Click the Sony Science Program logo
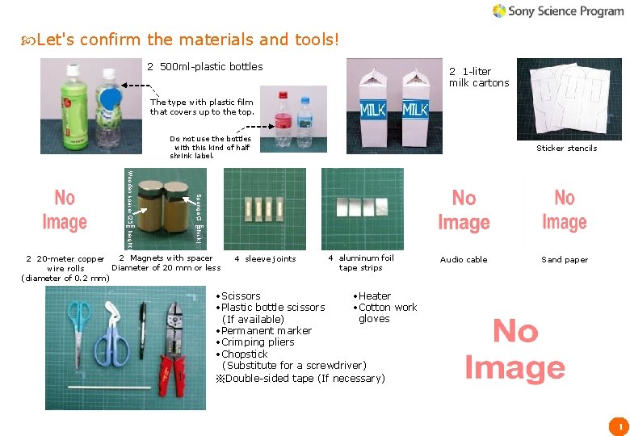pyautogui.click(x=558, y=10)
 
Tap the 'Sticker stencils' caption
pyautogui.click(x=566, y=148)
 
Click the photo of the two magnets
pyautogui.click(x=165, y=209)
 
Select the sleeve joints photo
pyautogui.click(x=264, y=208)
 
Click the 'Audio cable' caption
pyautogui.click(x=464, y=260)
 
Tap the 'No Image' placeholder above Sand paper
pyautogui.click(x=565, y=210)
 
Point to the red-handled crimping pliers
pyautogui.click(x=178, y=339)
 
